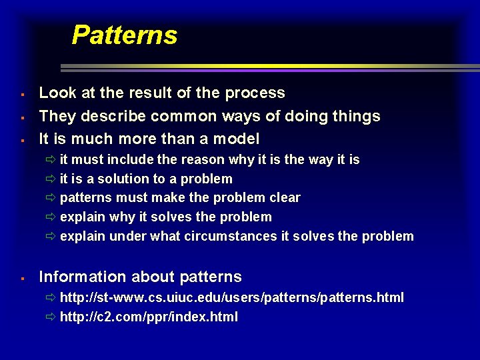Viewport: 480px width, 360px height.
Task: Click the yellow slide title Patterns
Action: pyautogui.click(x=124, y=35)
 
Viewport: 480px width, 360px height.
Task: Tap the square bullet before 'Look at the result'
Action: pyautogui.click(x=23, y=94)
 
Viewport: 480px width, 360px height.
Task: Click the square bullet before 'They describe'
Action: pyautogui.click(x=23, y=117)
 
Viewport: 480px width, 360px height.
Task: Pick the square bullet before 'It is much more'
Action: pyautogui.click(x=23, y=140)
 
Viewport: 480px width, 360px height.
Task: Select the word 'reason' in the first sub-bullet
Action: pyautogui.click(x=205, y=160)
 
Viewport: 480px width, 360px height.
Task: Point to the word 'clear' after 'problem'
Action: pyautogui.click(x=285, y=198)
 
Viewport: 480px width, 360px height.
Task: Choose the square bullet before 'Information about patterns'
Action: pyautogui.click(x=23, y=277)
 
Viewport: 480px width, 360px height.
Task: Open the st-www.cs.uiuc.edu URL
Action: pyautogui.click(x=231, y=297)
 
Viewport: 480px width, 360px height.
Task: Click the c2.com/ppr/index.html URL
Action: pyautogui.click(x=149, y=317)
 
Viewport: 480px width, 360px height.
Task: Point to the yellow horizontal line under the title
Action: pyautogui.click(x=267, y=66)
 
